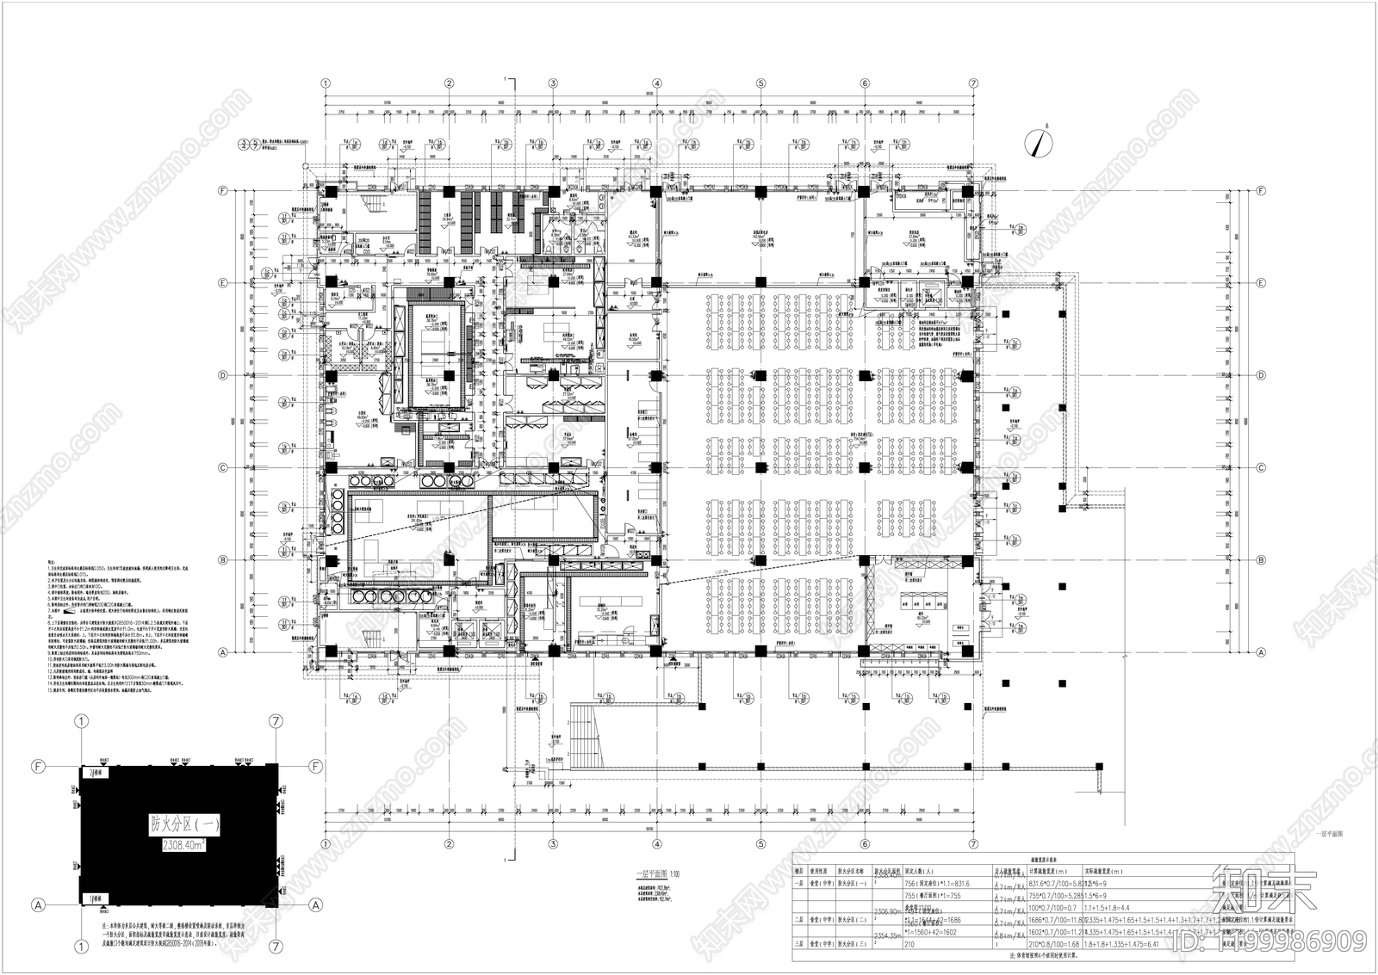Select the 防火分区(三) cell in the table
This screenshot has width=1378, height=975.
(x=853, y=943)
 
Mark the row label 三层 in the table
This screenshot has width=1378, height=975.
(x=799, y=943)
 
